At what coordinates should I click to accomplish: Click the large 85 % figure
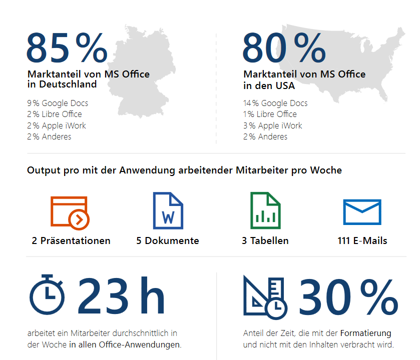[x=67, y=48]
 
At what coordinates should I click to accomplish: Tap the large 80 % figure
[x=283, y=48]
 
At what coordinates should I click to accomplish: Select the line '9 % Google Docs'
[x=58, y=103]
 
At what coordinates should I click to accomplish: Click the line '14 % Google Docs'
[x=275, y=103]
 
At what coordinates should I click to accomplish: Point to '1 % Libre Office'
[x=270, y=114]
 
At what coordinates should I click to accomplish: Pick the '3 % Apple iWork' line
[x=273, y=125]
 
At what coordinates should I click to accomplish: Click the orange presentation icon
[x=70, y=212]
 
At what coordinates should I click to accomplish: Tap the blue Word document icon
[x=168, y=210]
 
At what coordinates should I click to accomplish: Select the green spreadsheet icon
[x=265, y=210]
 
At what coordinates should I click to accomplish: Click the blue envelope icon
[x=362, y=212]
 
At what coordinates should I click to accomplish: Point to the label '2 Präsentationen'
[x=71, y=240]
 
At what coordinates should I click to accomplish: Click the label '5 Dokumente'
[x=168, y=240]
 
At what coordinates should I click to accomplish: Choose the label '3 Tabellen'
[x=265, y=240]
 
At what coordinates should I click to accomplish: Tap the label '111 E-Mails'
[x=362, y=240]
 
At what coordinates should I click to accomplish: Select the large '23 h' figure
[x=121, y=297]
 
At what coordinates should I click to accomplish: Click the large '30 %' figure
[x=348, y=297]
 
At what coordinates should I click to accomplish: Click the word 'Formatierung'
[x=366, y=333]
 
